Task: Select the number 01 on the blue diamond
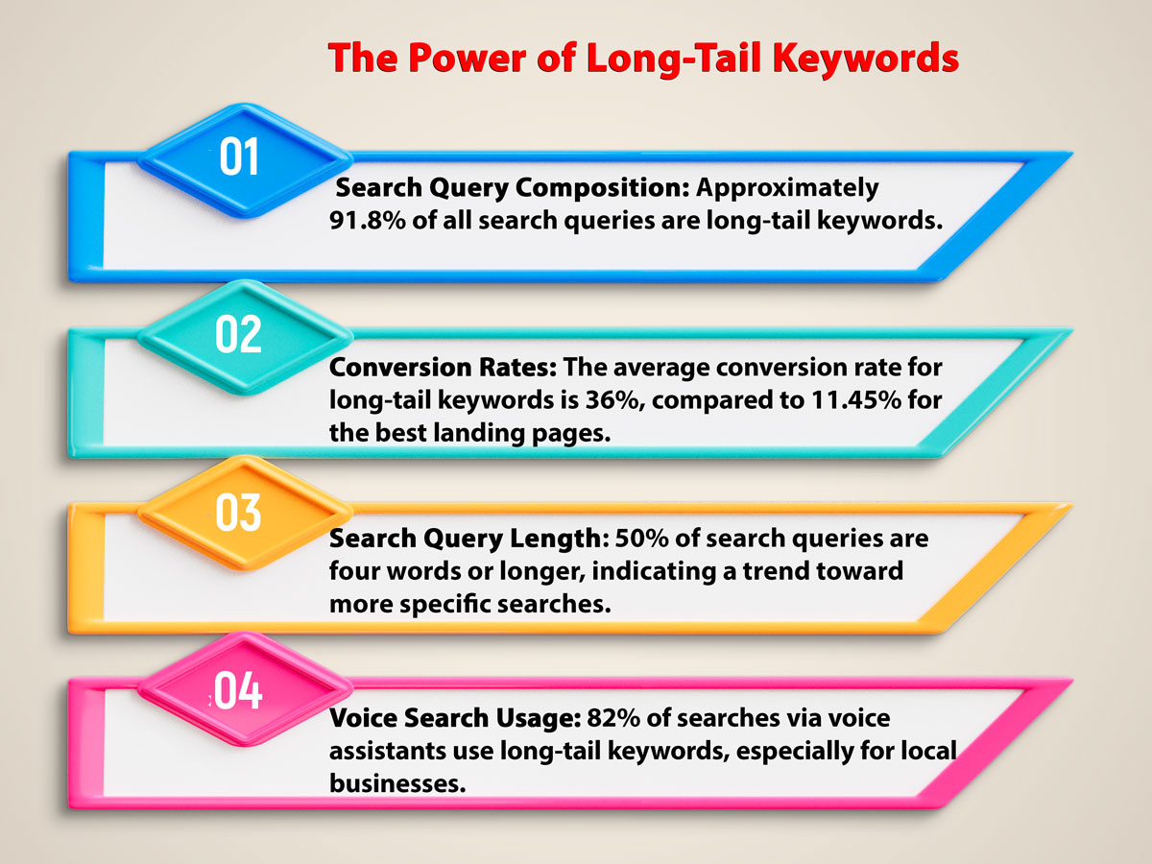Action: coord(240,157)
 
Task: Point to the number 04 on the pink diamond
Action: coord(238,690)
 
